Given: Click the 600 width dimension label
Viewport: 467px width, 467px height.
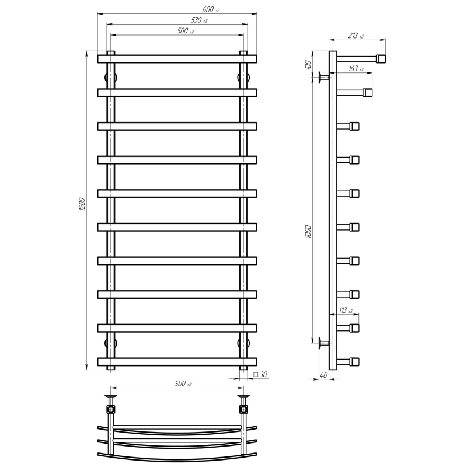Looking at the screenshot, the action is pyautogui.click(x=211, y=9).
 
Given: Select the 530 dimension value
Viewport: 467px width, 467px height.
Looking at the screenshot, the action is pyautogui.click(x=199, y=20).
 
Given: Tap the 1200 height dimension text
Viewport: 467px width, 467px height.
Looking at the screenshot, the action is pyautogui.click(x=82, y=204).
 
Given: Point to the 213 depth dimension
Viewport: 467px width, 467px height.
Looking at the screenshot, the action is pyautogui.click(x=356, y=36).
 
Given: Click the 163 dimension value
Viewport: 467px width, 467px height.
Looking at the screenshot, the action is pyautogui.click(x=356, y=68).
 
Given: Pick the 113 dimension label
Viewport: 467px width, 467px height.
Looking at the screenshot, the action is pyautogui.click(x=346, y=311).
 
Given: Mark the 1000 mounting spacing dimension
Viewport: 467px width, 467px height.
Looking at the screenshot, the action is pyautogui.click(x=308, y=231).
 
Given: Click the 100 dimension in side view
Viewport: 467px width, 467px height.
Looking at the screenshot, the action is pyautogui.click(x=308, y=64).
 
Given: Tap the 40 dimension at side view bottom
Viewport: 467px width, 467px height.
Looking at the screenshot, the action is pyautogui.click(x=323, y=375).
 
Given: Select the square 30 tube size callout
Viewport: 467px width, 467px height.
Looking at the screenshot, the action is pyautogui.click(x=260, y=374).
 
